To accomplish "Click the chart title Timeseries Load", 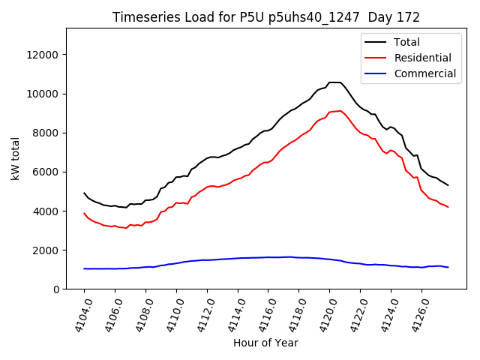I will click(x=266, y=17).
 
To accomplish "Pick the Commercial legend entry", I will click(x=424, y=73).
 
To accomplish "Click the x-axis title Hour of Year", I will click(x=265, y=343).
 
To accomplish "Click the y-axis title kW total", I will click(x=15, y=158).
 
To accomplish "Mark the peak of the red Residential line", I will click(x=340, y=111).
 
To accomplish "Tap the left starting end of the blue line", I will click(x=84, y=268).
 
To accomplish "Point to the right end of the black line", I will click(x=448, y=185).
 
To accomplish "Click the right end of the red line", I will click(x=448, y=207).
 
